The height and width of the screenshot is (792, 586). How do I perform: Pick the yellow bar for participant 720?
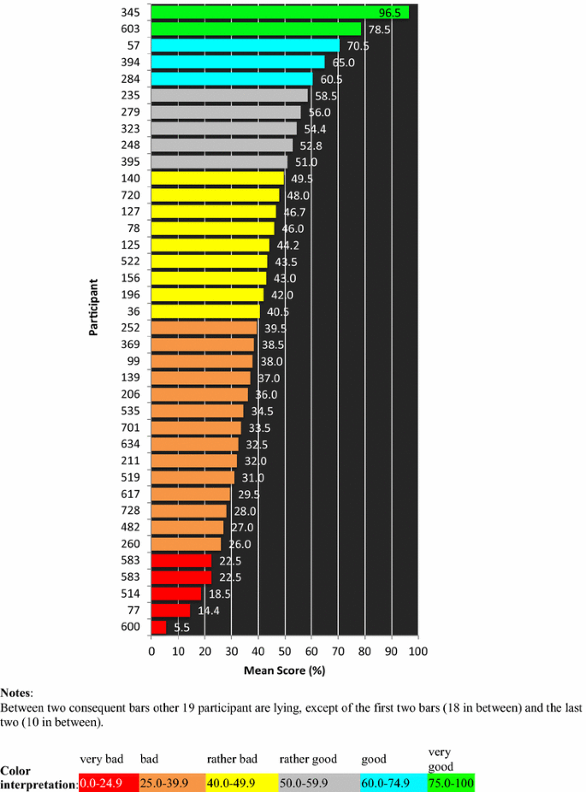(x=215, y=195)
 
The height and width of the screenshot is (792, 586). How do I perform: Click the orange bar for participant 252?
(x=204, y=328)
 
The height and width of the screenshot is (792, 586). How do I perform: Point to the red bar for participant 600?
(x=158, y=627)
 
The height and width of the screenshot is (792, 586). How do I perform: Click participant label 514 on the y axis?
(x=132, y=594)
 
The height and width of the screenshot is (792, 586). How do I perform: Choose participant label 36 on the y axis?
(x=135, y=311)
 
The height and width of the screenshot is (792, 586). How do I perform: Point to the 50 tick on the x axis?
(x=285, y=653)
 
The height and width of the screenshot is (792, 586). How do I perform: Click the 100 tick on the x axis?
(x=417, y=653)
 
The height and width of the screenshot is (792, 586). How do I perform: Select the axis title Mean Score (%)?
(x=284, y=671)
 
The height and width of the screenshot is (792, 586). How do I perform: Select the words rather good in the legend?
(x=308, y=759)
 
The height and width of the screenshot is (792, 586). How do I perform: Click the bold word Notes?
(x=15, y=694)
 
